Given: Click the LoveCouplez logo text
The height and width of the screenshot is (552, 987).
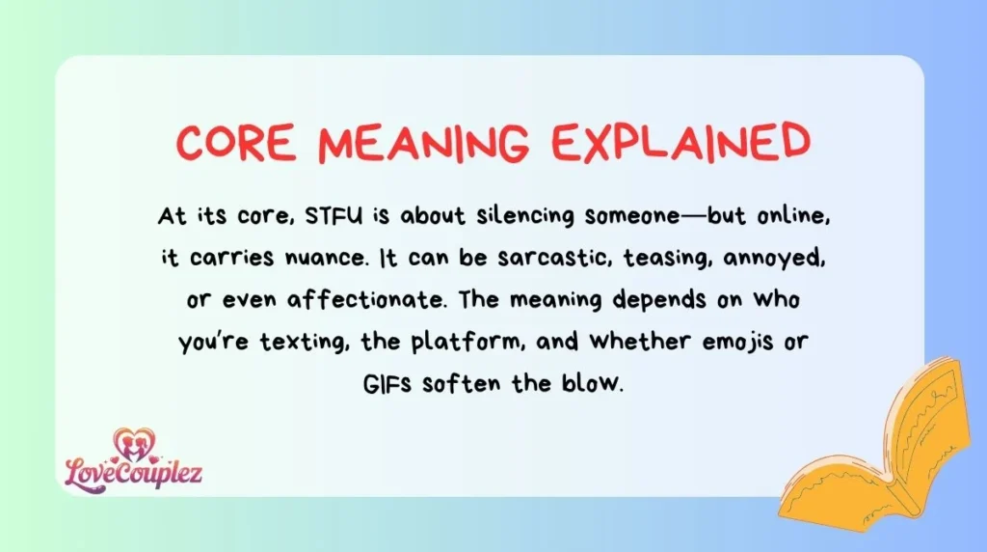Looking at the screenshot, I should (x=133, y=473).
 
